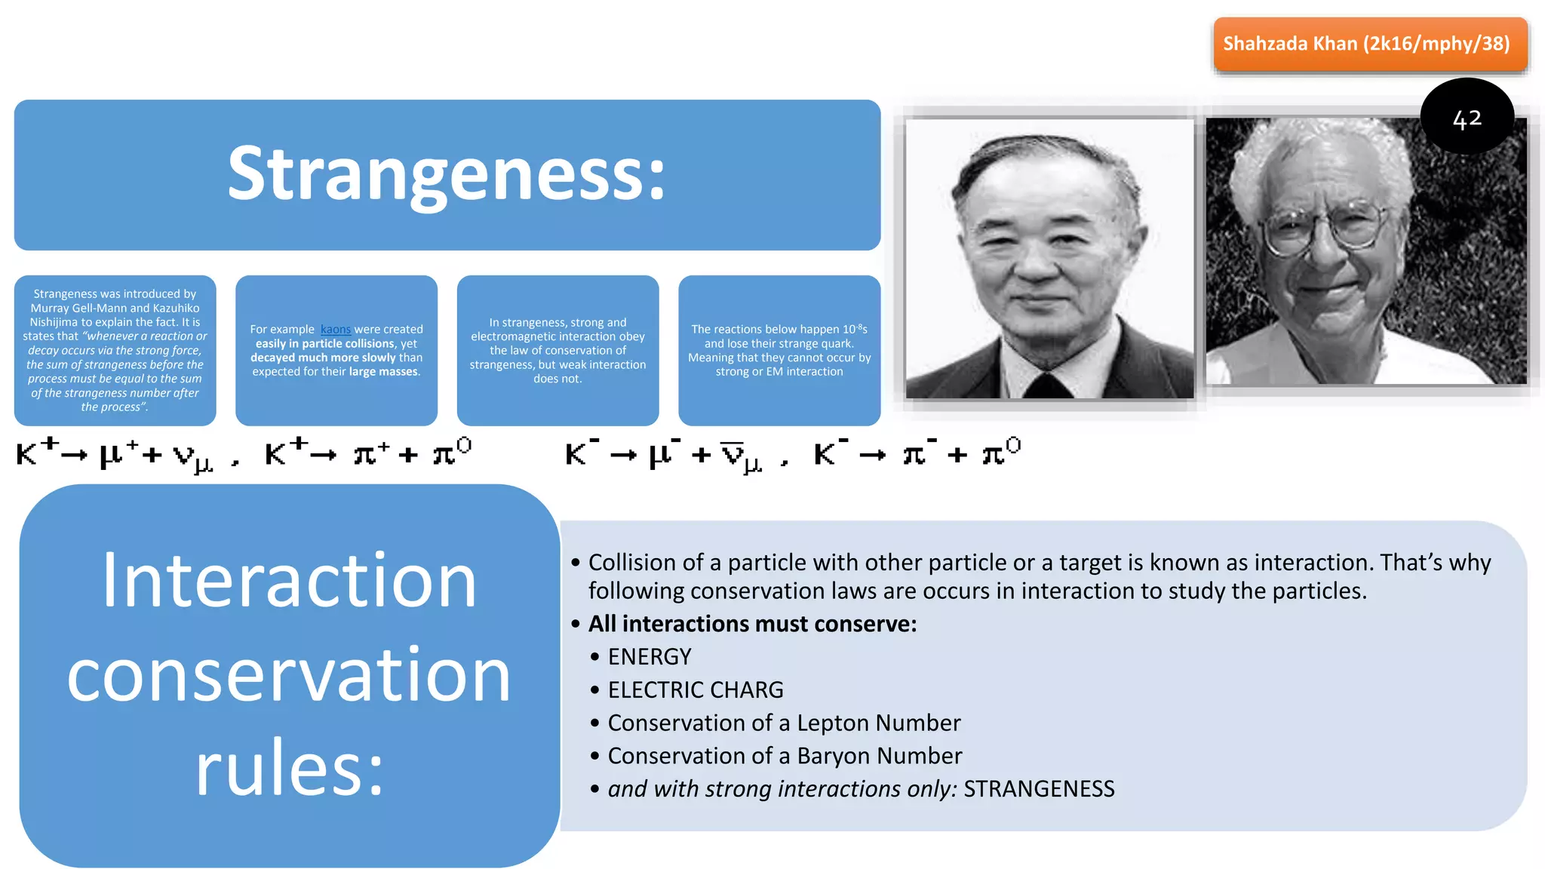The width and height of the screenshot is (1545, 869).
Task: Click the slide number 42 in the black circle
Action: click(x=1467, y=118)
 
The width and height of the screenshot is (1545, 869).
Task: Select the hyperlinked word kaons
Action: click(x=336, y=330)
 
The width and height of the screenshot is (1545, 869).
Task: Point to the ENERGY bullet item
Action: click(x=650, y=657)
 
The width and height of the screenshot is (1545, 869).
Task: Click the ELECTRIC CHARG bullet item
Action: click(x=696, y=690)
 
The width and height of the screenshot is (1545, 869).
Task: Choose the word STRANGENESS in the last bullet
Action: click(x=1039, y=789)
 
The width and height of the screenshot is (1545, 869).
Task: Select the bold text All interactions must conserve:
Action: click(x=752, y=624)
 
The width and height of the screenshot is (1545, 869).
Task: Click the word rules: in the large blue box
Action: click(x=290, y=768)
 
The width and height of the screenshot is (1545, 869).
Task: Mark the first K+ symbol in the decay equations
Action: click(x=36, y=453)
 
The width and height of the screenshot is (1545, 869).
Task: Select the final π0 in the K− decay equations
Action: click(x=1000, y=453)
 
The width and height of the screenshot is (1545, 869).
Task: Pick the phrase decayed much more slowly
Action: click(x=323, y=358)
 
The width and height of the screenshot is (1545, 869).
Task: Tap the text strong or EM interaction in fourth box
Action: click(x=779, y=372)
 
